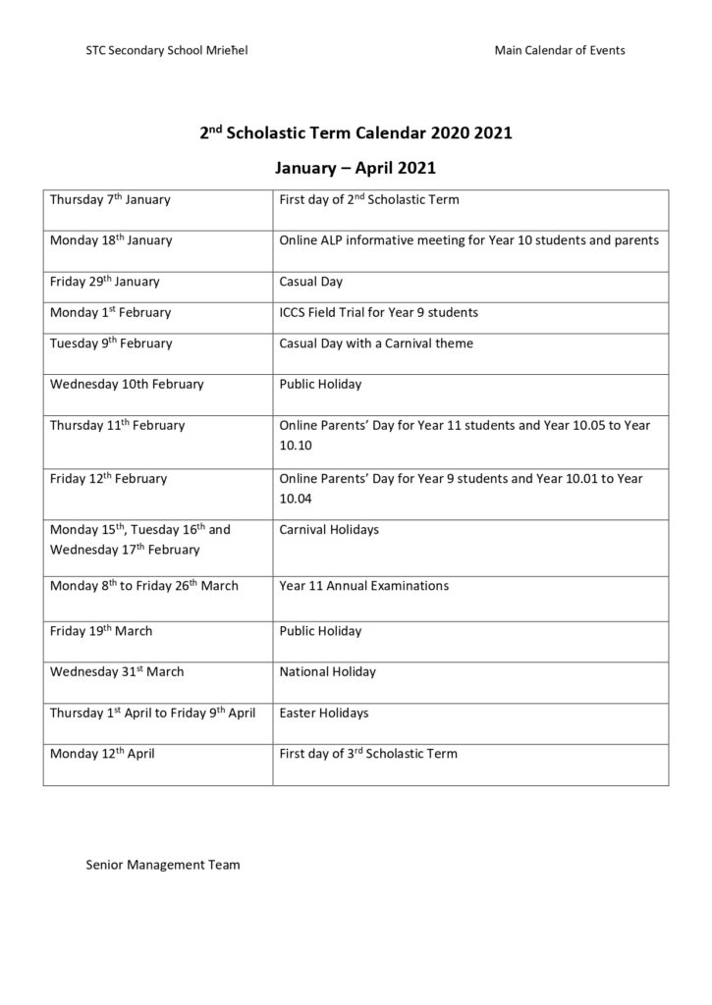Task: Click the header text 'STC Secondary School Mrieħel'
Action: [167, 50]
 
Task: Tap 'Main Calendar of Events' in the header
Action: [560, 50]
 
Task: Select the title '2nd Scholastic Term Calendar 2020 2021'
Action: [356, 132]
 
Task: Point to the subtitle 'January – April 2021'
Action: [356, 167]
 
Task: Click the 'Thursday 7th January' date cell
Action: [110, 200]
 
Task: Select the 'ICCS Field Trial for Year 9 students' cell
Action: [378, 312]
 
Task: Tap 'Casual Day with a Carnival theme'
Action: [376, 344]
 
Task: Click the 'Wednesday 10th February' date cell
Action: [127, 384]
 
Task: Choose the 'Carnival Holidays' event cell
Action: [329, 530]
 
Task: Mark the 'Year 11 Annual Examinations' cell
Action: [363, 586]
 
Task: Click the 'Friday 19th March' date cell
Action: [101, 631]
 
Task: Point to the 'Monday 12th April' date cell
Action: [102, 755]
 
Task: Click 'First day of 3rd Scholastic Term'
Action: [368, 755]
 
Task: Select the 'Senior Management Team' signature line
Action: [163, 865]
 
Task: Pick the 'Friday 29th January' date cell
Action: [104, 282]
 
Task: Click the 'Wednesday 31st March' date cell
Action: [117, 672]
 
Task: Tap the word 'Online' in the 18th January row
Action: [299, 240]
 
